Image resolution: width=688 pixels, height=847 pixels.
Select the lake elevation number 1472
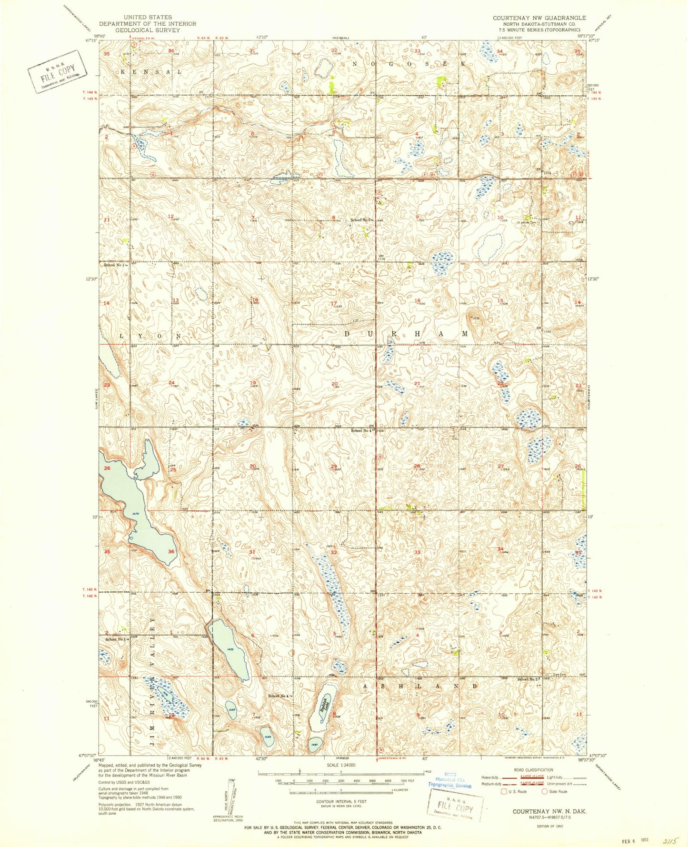click(230, 649)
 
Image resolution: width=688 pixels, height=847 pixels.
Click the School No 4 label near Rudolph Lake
click(279, 696)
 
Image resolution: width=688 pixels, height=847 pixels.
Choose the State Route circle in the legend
click(545, 791)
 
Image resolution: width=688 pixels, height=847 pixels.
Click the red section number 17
click(334, 303)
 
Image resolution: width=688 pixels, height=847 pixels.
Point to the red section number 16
click(417, 300)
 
